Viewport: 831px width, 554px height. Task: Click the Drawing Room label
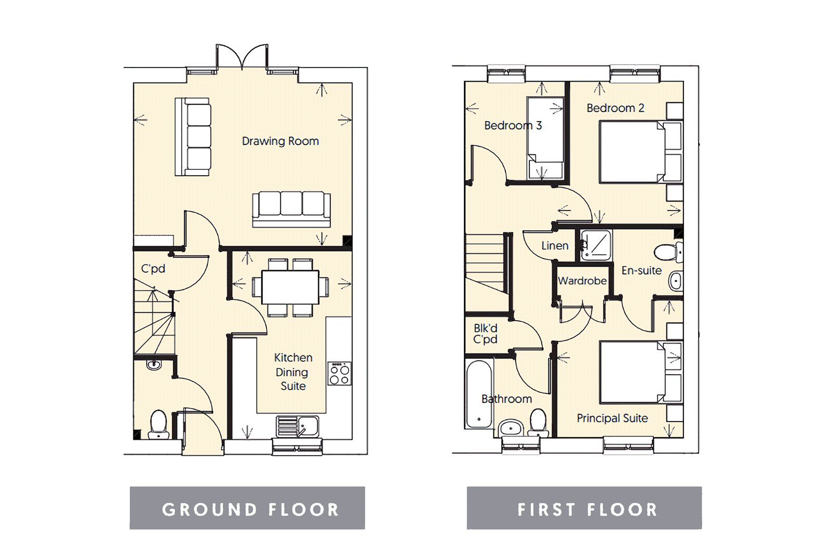tap(280, 141)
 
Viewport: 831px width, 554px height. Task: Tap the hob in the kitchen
tap(339, 374)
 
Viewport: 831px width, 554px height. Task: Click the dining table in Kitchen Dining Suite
tap(290, 287)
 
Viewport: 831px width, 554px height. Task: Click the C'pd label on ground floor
tap(153, 269)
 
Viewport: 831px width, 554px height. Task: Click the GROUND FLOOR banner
tap(247, 508)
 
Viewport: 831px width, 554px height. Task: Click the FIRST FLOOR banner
tap(584, 508)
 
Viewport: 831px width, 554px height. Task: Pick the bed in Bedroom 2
tap(634, 151)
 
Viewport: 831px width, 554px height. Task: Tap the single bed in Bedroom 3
tap(545, 138)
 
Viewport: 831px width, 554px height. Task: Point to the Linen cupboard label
tap(555, 246)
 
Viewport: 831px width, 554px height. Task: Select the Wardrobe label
tap(582, 281)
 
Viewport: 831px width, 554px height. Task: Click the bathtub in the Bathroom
tap(479, 394)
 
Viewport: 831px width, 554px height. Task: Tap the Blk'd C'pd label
tap(486, 334)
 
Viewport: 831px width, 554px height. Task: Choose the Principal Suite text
tap(612, 418)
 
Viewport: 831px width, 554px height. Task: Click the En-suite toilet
tap(667, 253)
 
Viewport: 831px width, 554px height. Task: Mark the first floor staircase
tap(486, 265)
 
